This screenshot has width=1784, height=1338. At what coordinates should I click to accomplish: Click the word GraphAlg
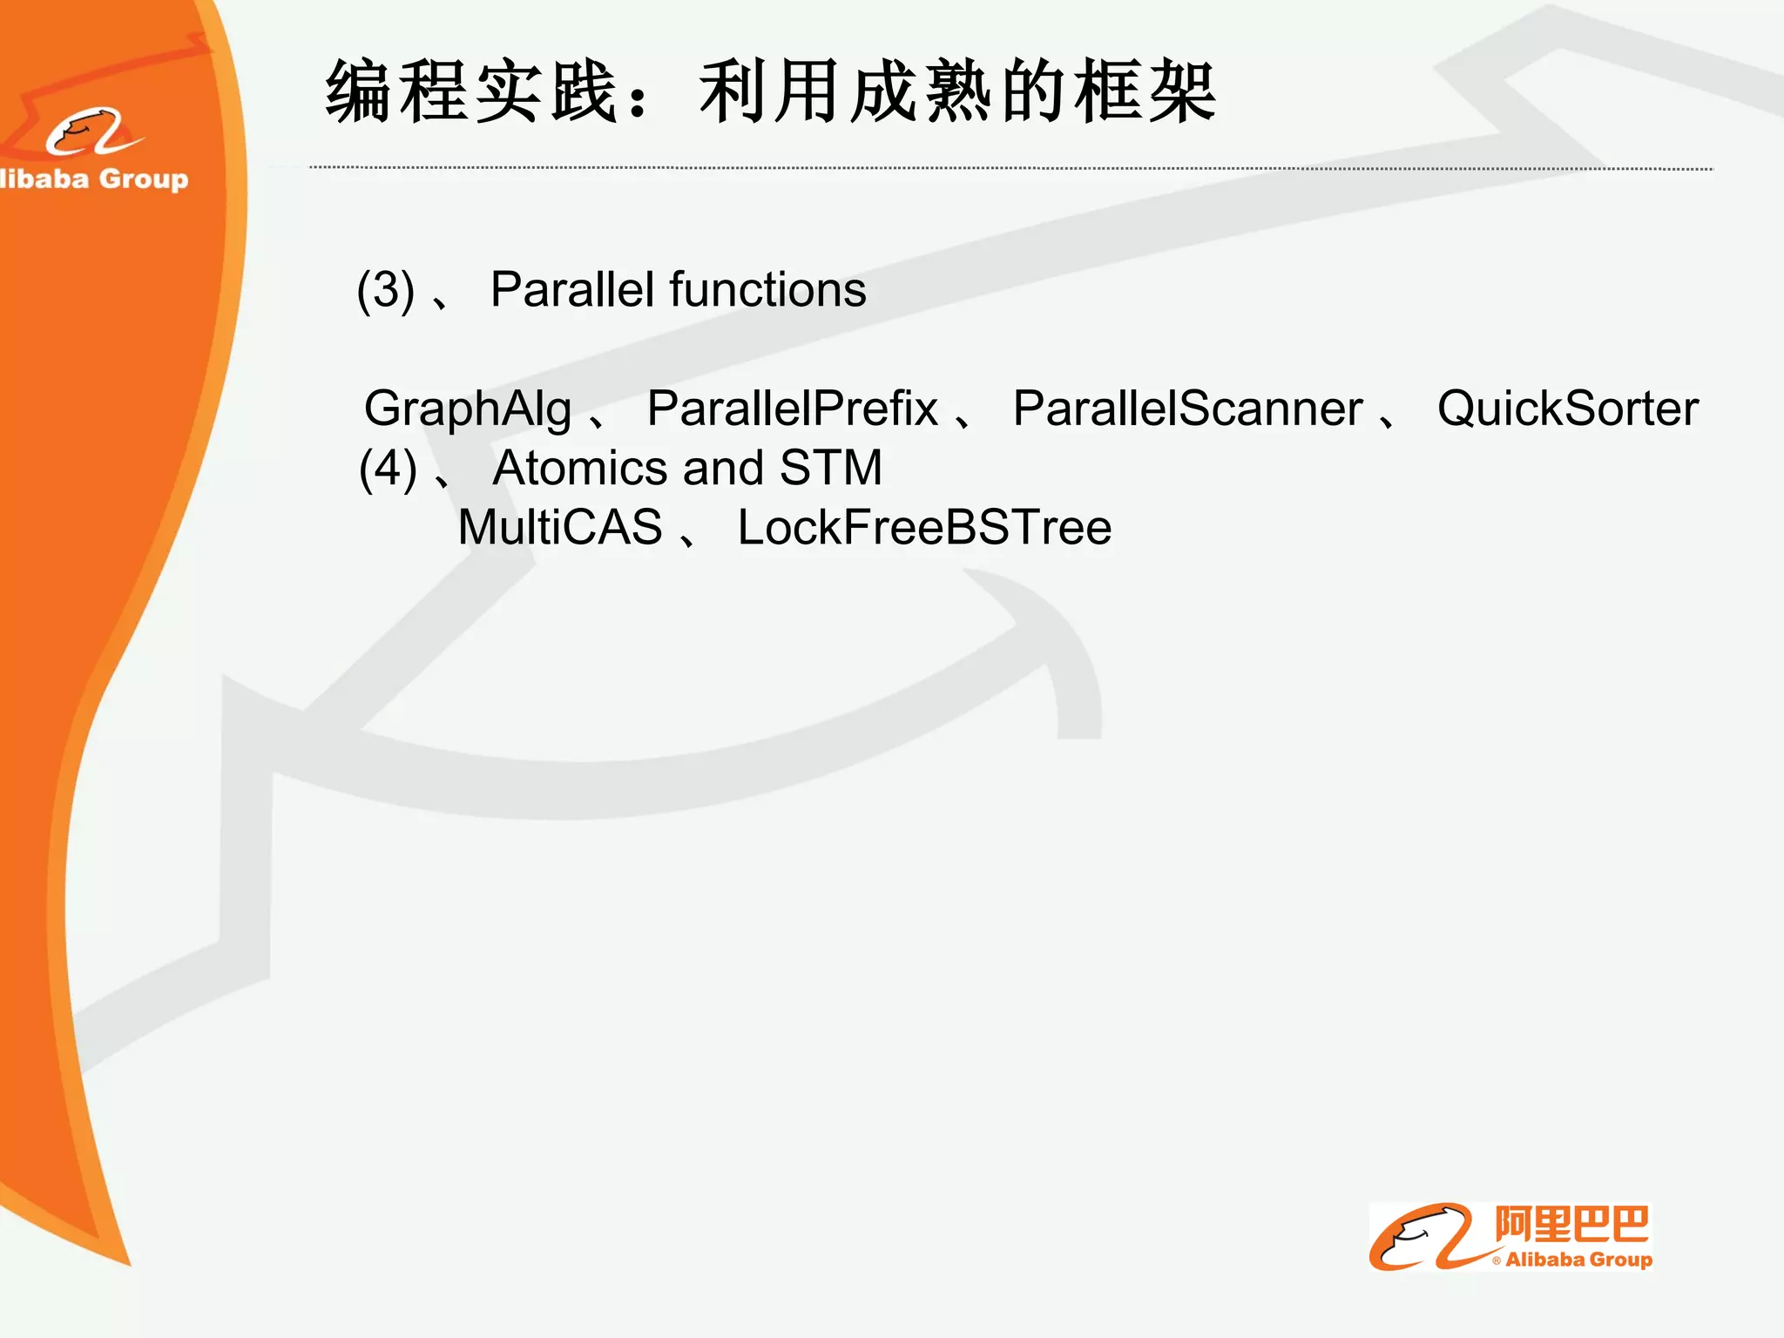tap(468, 409)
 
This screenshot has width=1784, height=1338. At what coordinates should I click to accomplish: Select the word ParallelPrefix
tap(792, 409)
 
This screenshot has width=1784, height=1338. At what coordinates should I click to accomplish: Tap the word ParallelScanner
tap(1187, 409)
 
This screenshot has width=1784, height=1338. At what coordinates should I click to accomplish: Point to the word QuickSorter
tap(1567, 409)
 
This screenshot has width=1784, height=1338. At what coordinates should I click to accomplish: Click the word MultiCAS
tap(560, 527)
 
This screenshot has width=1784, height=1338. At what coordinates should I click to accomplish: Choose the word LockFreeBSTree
tap(924, 527)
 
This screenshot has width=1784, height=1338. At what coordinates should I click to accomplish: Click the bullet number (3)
tap(385, 290)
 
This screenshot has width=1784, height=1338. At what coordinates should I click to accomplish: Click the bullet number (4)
tap(388, 469)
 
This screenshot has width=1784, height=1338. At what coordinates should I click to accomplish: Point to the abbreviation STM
tap(831, 468)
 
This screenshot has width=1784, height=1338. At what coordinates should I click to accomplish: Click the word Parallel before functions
tap(572, 290)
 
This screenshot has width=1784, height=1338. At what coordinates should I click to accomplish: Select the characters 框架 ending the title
tap(1145, 92)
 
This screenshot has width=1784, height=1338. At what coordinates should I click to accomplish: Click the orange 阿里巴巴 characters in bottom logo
tap(1571, 1225)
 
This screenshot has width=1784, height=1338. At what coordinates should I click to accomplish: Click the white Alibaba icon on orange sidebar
tap(91, 132)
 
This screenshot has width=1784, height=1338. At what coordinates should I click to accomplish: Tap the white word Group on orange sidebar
tap(144, 179)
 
